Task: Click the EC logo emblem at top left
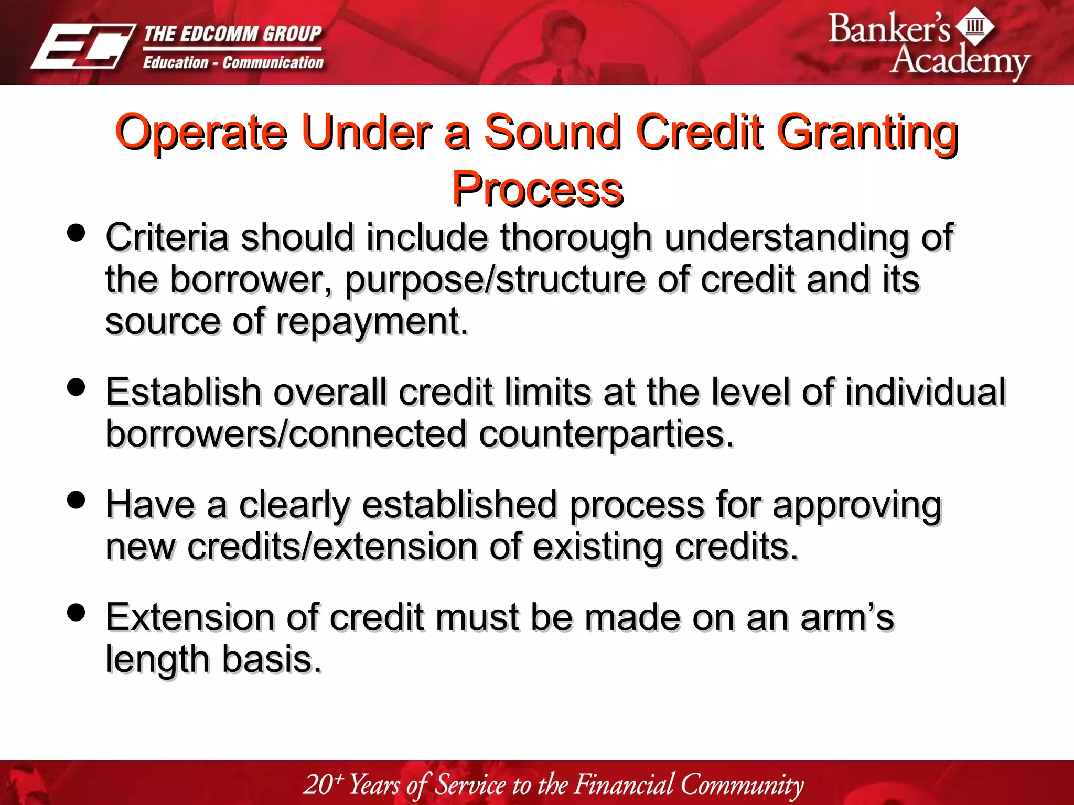pos(82,47)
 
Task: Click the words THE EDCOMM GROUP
pos(232,35)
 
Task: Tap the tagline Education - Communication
pos(233,63)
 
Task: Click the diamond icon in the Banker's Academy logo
pos(975,26)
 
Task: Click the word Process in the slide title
pos(538,190)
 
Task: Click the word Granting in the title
pos(868,133)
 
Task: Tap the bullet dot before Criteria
pos(77,233)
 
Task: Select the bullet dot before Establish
pos(77,388)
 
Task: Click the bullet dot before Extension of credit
pos(77,612)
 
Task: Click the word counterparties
pos(606,434)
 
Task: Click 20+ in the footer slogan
pos(323,785)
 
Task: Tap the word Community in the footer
pos(742,785)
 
